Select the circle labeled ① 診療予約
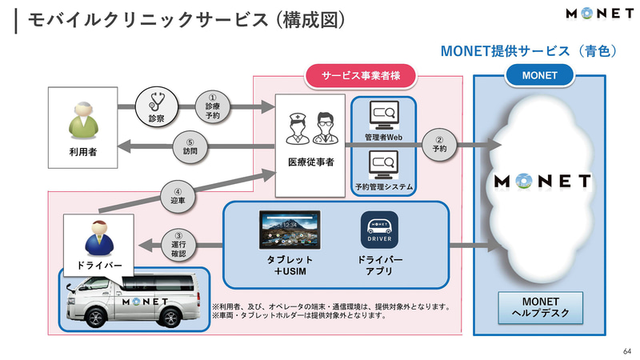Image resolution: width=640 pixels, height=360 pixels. point(212,106)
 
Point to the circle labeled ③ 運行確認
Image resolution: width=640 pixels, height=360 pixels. point(178,243)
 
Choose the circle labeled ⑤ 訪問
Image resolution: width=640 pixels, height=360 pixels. point(189,146)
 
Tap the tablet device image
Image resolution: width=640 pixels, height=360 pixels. point(289,231)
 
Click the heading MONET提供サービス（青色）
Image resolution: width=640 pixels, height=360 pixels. point(530,51)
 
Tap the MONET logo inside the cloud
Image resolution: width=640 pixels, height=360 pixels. point(543,181)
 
